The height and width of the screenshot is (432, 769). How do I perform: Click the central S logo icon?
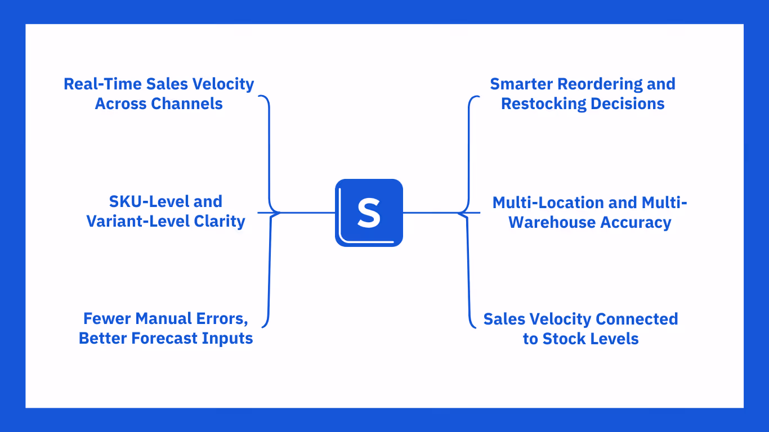click(x=369, y=213)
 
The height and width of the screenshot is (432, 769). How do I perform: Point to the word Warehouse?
click(x=552, y=222)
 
